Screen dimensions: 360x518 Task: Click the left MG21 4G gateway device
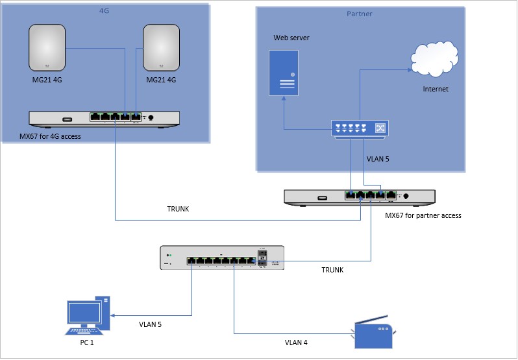click(x=48, y=47)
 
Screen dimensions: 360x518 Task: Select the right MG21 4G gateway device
click(x=162, y=47)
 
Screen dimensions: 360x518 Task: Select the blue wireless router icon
click(x=373, y=334)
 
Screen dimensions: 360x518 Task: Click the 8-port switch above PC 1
click(x=222, y=258)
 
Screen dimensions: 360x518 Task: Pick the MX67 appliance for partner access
click(x=360, y=196)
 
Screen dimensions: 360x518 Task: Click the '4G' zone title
click(x=105, y=11)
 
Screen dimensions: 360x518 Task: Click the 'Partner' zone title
click(x=360, y=14)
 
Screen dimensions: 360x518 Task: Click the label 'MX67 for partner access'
click(x=423, y=215)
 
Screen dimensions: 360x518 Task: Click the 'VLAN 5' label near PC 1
click(x=150, y=324)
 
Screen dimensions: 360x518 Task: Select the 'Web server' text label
click(x=291, y=38)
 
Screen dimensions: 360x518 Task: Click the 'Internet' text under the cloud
click(x=436, y=89)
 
